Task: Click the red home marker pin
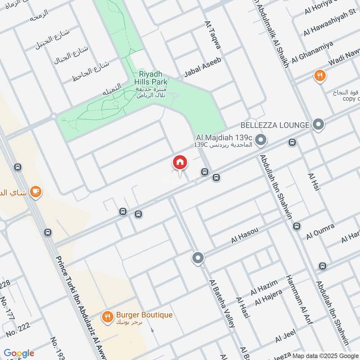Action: click(x=180, y=162)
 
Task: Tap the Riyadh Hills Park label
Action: click(x=151, y=78)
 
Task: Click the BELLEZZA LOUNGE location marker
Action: click(x=319, y=125)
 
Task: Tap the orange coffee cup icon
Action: click(x=35, y=193)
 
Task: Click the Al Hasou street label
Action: click(x=244, y=235)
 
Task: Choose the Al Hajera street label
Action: click(x=268, y=296)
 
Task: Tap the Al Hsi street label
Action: click(x=313, y=182)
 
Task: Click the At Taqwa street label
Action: click(x=213, y=35)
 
